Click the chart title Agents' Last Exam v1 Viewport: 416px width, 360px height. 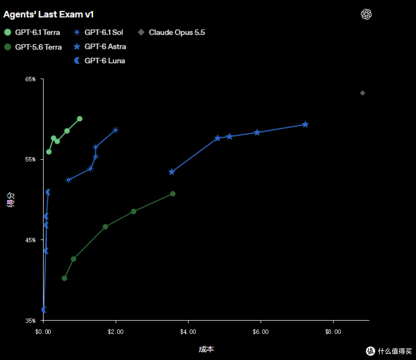48,14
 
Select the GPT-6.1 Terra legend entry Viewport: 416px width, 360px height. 32,32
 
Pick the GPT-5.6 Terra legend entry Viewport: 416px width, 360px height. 33,47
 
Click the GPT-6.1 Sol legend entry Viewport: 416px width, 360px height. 98,32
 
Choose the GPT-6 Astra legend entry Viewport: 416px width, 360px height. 100,47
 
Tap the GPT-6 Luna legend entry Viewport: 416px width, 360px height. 99,61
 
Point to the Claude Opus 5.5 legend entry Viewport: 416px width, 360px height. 171,32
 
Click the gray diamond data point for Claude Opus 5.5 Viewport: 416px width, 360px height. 362,93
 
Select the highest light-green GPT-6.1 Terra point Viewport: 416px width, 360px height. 80,119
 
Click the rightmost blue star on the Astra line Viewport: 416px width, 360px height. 305,124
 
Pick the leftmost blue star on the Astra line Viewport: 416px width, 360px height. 172,172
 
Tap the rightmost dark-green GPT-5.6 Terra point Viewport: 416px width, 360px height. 173,194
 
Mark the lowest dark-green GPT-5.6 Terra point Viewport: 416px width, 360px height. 64,278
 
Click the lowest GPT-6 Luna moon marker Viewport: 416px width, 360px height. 44,310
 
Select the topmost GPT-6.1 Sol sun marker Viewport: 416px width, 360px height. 116,130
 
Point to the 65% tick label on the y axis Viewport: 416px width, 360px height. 30,79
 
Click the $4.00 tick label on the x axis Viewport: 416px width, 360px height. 188,331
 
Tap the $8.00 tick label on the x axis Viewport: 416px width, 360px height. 333,331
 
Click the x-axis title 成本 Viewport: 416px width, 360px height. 206,349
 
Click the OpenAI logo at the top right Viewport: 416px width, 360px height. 366,14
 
